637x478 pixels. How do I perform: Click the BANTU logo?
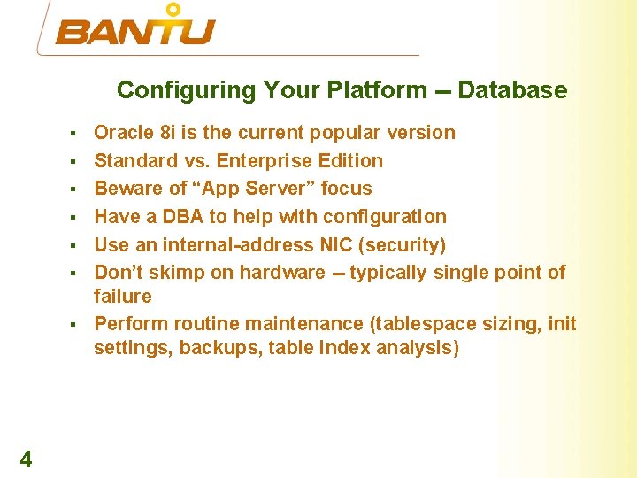tap(135, 28)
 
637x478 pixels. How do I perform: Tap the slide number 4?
tap(26, 459)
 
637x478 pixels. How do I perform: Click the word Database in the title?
tap(512, 90)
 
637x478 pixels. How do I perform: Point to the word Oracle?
tap(123, 133)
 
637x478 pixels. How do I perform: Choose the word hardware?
tap(283, 273)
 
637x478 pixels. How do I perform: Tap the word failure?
tap(123, 296)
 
